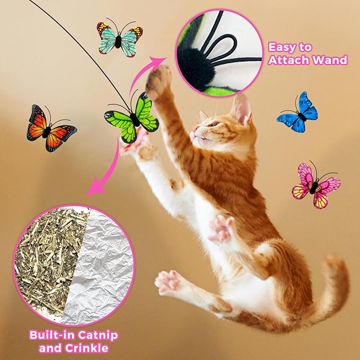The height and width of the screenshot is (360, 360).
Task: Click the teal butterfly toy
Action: [119, 38]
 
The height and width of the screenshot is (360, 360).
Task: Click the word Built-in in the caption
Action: [47, 336]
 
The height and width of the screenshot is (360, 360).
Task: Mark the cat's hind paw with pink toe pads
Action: [169, 281]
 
